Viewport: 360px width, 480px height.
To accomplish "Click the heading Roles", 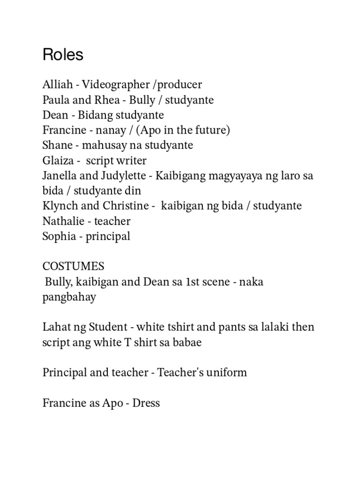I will click(x=63, y=55).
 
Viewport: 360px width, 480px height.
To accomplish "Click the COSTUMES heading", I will click(x=73, y=267).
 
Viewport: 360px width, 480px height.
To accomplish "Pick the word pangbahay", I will click(x=69, y=297).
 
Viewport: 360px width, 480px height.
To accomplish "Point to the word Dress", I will click(x=146, y=403).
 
